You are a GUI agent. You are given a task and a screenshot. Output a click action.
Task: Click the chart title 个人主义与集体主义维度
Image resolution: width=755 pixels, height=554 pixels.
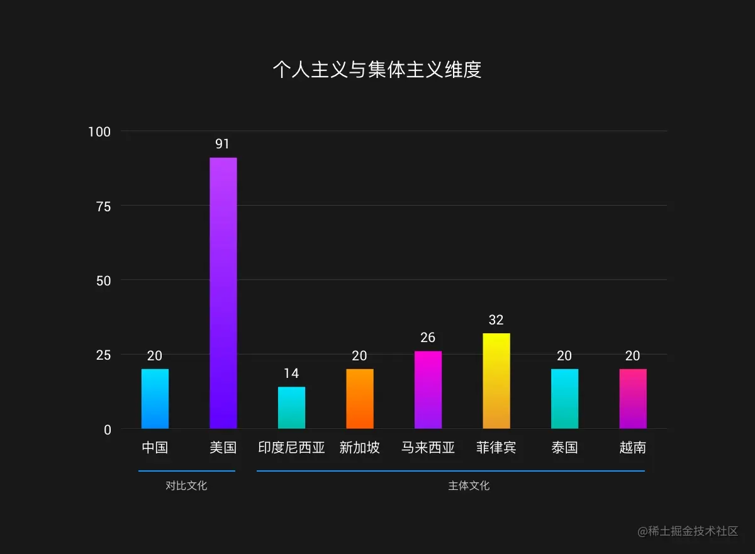tap(377, 69)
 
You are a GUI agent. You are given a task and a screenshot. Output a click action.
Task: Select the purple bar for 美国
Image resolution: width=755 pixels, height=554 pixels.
tap(223, 293)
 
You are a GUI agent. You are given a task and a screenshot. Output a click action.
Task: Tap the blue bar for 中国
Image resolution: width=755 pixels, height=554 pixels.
tap(155, 399)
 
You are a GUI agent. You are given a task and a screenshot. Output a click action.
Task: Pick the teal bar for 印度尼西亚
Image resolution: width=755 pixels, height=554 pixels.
tap(291, 407)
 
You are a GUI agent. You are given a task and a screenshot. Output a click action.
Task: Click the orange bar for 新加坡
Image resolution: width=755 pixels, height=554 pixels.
tap(359, 399)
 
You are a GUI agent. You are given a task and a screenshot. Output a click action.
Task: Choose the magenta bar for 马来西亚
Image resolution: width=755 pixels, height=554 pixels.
tap(428, 390)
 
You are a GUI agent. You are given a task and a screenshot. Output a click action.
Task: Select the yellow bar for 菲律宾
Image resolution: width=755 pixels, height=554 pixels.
tap(496, 381)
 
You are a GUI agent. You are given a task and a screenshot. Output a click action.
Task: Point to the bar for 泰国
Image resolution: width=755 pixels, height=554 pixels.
tap(564, 399)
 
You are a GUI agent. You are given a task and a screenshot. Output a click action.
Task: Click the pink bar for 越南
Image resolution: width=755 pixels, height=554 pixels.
tap(632, 399)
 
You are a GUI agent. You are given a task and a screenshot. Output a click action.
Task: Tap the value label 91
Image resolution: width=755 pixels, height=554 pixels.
tap(223, 144)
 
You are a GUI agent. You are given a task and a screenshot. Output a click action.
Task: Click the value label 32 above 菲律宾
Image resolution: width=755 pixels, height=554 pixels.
tap(496, 320)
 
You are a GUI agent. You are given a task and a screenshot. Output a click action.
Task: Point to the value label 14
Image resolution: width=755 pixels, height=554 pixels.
tap(291, 374)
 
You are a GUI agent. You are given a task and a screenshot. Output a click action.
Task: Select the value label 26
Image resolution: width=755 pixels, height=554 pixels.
tap(428, 338)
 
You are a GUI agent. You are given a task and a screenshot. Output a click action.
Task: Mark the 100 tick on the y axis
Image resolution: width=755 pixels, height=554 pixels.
tap(99, 131)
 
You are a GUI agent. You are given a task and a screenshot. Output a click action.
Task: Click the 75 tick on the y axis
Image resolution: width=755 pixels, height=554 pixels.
tap(103, 206)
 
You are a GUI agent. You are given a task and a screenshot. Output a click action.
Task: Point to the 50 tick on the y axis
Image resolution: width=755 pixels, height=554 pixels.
tap(103, 280)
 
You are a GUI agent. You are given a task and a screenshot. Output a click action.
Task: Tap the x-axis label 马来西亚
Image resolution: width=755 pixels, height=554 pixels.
tap(428, 448)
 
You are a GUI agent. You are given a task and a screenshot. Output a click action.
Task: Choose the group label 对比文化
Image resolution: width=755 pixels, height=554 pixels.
tap(186, 485)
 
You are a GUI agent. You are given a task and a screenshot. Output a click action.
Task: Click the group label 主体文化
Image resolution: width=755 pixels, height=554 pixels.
tap(469, 485)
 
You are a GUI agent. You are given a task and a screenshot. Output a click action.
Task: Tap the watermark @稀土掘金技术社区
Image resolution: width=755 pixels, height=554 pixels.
tap(688, 531)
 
